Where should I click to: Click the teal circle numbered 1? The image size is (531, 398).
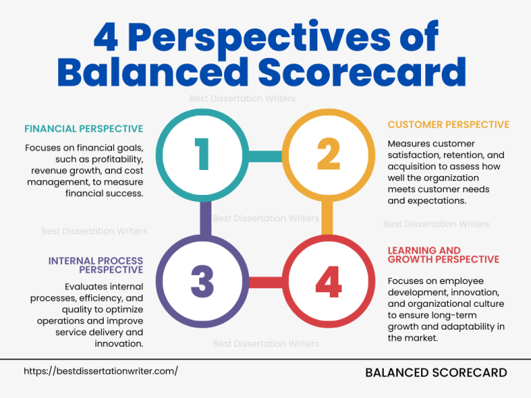202,154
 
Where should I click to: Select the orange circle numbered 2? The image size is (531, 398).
329,154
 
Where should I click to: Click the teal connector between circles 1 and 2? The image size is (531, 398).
265,157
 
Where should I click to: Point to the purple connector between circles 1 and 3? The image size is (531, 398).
205,218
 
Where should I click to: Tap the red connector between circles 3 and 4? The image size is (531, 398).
265,282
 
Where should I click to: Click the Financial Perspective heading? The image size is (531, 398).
84,129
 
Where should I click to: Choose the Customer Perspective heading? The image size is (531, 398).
448,125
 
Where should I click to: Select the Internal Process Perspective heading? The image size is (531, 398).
95,265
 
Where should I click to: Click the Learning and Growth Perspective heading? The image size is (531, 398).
443,255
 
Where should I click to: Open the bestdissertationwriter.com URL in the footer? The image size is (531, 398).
101,371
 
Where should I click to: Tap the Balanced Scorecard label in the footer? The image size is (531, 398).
436,373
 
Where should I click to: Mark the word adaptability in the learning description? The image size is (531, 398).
469,326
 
